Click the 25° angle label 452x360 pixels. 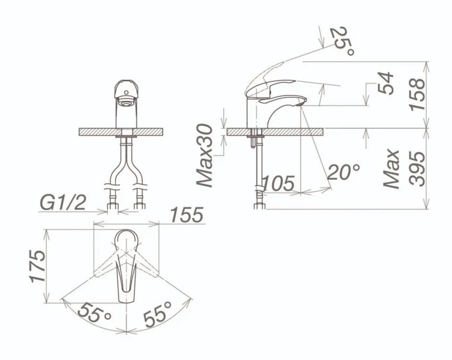(342, 41)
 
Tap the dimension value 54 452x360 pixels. (385, 84)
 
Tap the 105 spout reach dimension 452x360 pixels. (278, 183)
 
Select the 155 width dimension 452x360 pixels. (187, 215)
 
